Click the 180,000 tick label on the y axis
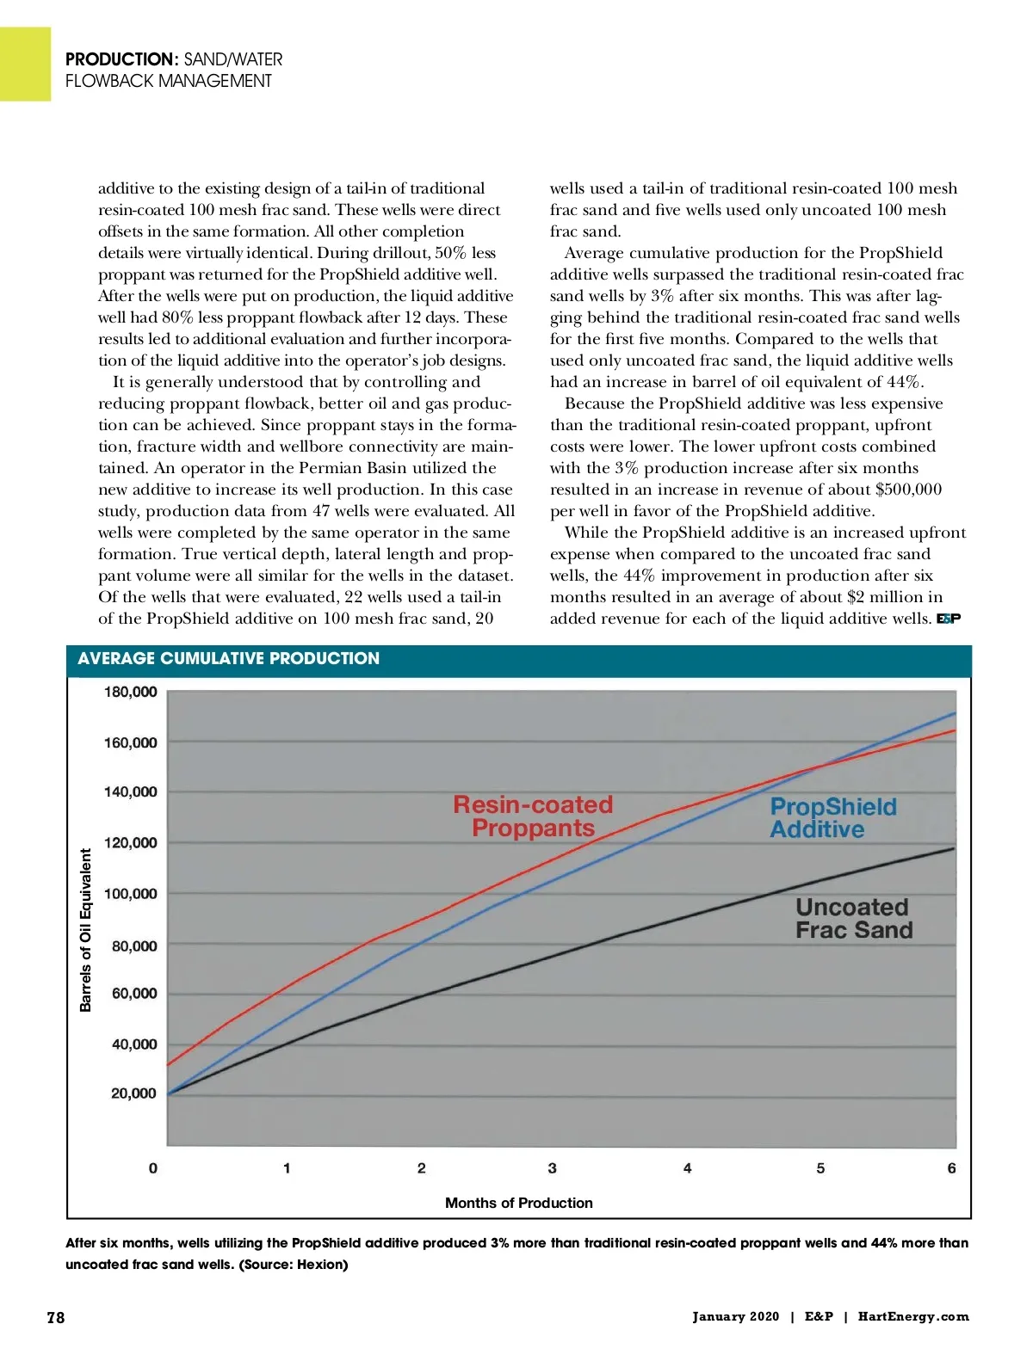[130, 693]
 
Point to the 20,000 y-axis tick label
[133, 1093]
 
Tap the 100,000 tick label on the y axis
[130, 894]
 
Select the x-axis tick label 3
[553, 1168]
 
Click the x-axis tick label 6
[951, 1168]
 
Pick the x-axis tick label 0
[153, 1168]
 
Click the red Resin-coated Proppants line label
[533, 816]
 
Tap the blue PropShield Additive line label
[832, 818]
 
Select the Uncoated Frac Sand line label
[853, 919]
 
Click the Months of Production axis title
[518, 1203]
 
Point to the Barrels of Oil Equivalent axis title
[85, 930]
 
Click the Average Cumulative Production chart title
[228, 659]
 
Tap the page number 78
[55, 1317]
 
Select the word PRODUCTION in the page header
[121, 59]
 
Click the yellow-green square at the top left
[25, 64]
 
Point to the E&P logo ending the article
[948, 619]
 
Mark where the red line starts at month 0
[168, 1065]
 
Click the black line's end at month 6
[955, 849]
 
